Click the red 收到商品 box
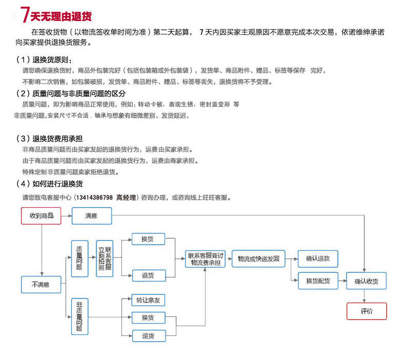[41, 215]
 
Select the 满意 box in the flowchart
[91, 215]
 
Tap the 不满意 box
[41, 284]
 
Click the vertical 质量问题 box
[79, 259]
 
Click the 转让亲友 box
[148, 300]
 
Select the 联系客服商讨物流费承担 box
[205, 259]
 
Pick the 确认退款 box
[318, 259]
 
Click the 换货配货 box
[318, 281]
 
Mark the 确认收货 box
[366, 281]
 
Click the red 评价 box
[367, 311]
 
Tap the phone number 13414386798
[94, 197]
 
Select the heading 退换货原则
[51, 60]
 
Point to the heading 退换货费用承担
[58, 138]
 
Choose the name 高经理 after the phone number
[126, 197]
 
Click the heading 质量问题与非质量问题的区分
[78, 93]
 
